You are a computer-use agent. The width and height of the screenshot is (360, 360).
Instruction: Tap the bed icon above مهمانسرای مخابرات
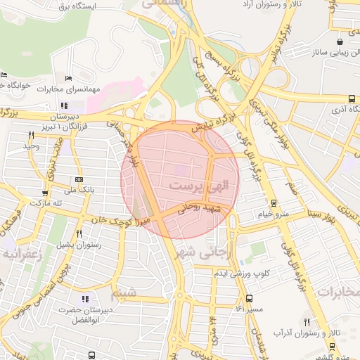pyautogui.click(x=68, y=79)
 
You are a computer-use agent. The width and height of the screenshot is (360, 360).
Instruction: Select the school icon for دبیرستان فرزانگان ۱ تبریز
pyautogui.click(x=64, y=105)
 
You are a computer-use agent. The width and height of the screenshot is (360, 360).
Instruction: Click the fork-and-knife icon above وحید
pyautogui.click(x=31, y=135)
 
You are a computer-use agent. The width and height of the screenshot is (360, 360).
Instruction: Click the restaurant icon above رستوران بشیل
pyautogui.click(x=79, y=234)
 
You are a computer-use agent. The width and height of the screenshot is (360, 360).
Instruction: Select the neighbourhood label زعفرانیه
pyautogui.click(x=23, y=254)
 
